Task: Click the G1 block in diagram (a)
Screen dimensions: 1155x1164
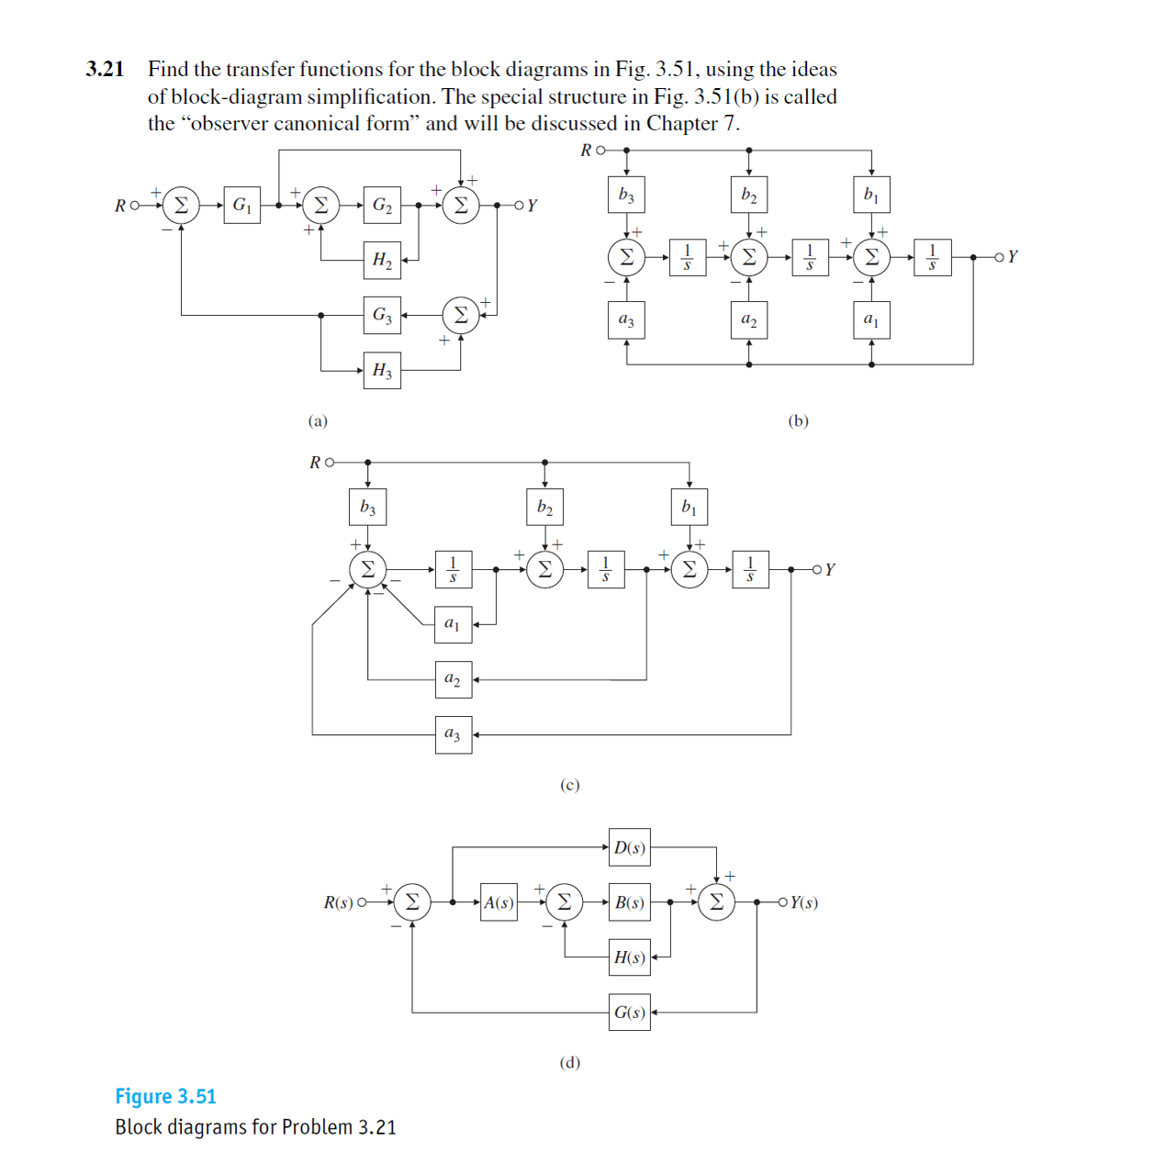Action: click(x=241, y=205)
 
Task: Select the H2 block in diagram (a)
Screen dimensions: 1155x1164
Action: click(x=382, y=260)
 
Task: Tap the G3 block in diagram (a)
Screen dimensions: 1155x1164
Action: click(x=382, y=315)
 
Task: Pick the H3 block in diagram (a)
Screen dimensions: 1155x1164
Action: click(x=382, y=371)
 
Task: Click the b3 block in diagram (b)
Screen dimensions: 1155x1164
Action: click(x=626, y=195)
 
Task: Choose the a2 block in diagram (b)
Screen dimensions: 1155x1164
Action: click(x=749, y=320)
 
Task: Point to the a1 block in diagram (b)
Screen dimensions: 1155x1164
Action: click(x=871, y=320)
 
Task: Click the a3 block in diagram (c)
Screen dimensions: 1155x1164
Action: click(x=453, y=734)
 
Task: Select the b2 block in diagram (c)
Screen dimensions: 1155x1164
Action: click(x=544, y=507)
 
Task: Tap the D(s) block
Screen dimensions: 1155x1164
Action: click(x=629, y=847)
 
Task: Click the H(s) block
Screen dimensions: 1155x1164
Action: click(x=629, y=957)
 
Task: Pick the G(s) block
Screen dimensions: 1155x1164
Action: click(x=629, y=1013)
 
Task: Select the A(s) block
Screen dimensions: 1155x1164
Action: click(x=499, y=902)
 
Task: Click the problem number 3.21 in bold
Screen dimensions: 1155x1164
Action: click(x=105, y=69)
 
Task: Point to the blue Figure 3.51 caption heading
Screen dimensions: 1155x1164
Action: click(x=165, y=1096)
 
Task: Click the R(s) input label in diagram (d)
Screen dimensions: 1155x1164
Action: click(x=338, y=902)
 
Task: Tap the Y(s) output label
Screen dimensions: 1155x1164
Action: click(x=803, y=902)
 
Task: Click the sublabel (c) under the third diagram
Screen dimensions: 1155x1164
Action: click(x=570, y=785)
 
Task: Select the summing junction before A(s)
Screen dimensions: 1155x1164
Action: click(x=412, y=902)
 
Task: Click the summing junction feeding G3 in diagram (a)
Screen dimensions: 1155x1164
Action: click(x=461, y=315)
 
